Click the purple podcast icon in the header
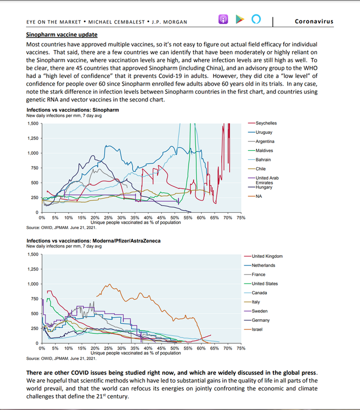(x=223, y=19)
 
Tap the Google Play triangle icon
(x=240, y=19)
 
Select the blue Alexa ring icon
(x=256, y=19)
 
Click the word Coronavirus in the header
(x=314, y=22)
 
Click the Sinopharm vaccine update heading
(x=61, y=35)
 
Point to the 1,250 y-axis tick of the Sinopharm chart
(x=33, y=138)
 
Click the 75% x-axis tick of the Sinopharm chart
(x=241, y=217)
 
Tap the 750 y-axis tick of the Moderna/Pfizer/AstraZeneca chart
(x=34, y=299)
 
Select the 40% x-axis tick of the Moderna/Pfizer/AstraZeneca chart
(x=148, y=348)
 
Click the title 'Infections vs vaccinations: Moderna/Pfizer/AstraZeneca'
(x=94, y=241)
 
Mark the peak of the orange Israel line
(x=110, y=284)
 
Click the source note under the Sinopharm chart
(x=61, y=228)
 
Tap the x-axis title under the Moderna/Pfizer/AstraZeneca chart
(x=136, y=353)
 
